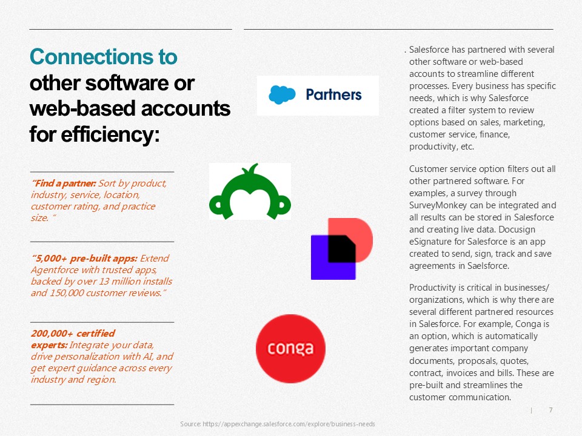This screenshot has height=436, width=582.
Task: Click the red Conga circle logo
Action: tap(290, 349)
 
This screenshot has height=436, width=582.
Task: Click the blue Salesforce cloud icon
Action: tap(282, 94)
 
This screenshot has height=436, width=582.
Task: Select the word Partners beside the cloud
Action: tap(333, 95)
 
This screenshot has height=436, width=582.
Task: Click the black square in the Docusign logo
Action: tap(342, 249)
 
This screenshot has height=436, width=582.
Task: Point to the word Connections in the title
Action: tap(104, 57)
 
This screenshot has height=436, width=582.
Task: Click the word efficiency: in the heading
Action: tap(110, 134)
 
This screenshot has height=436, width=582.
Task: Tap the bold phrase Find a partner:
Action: tap(64, 183)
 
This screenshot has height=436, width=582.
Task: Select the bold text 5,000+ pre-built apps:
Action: tap(84, 259)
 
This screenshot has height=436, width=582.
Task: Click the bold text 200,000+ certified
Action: tap(73, 333)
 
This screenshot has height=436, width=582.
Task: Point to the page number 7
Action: tap(551, 410)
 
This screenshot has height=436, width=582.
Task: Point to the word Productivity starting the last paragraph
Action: tap(432, 288)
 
